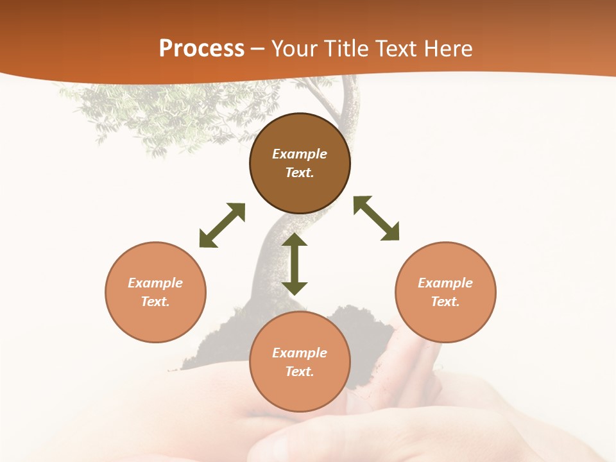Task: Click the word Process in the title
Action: pyautogui.click(x=201, y=49)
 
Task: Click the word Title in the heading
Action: pyautogui.click(x=345, y=49)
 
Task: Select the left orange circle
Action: pyautogui.click(x=155, y=321)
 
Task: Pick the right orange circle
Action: pyautogui.click(x=445, y=321)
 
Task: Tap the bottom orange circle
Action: pyautogui.click(x=300, y=391)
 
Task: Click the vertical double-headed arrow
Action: pyautogui.click(x=295, y=264)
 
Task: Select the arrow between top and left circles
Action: pyautogui.click(x=222, y=225)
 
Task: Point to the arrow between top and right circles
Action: pyautogui.click(x=376, y=218)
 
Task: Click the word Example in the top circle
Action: pyautogui.click(x=300, y=154)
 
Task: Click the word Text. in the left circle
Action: pyautogui.click(x=155, y=302)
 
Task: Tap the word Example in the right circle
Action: pyautogui.click(x=445, y=283)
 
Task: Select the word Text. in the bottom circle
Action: pyautogui.click(x=300, y=372)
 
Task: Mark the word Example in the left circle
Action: pyautogui.click(x=155, y=283)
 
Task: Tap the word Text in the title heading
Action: pyautogui.click(x=395, y=49)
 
